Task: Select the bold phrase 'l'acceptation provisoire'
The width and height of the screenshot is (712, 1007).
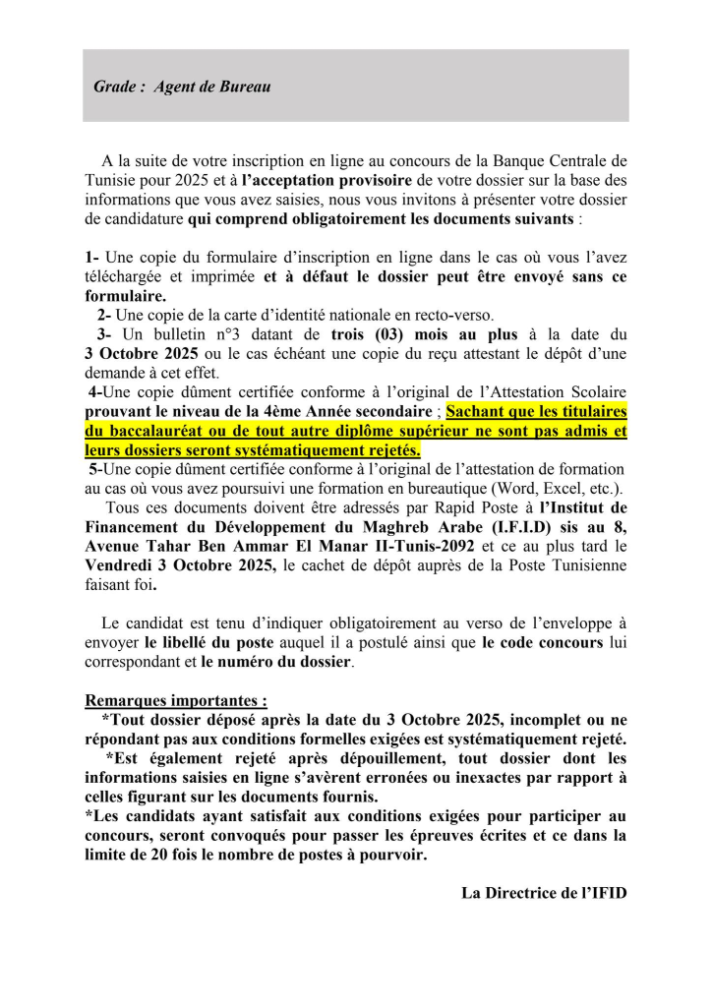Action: [327, 180]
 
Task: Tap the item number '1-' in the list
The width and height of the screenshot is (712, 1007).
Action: [93, 258]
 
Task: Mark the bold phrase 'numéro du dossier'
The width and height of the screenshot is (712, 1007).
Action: [275, 662]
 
